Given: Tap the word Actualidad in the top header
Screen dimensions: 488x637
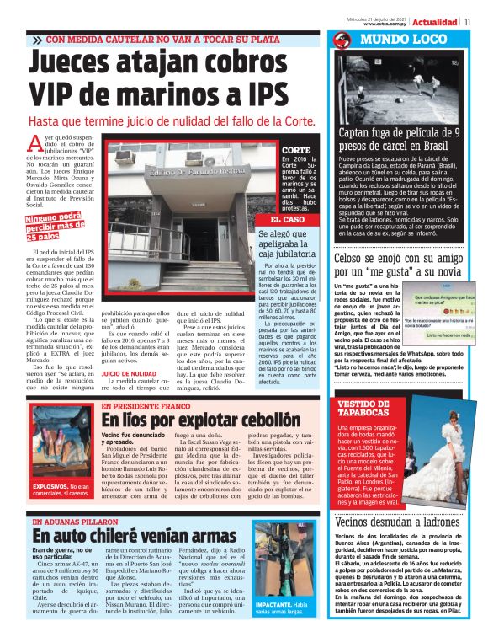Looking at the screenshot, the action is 435,22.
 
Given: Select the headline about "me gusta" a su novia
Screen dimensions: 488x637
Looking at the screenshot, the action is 397,266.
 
